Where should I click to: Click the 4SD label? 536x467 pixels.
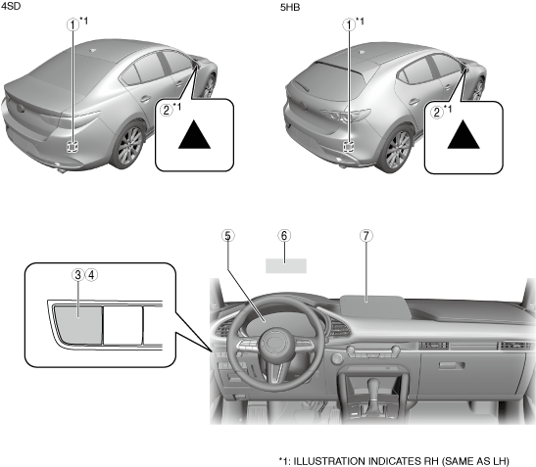point(11,6)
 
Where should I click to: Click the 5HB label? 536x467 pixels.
point(290,7)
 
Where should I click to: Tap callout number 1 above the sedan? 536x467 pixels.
point(73,24)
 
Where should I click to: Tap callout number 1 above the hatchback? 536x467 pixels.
point(349,24)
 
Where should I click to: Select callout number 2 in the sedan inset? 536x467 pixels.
point(167,110)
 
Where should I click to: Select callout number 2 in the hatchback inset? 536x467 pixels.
point(437,112)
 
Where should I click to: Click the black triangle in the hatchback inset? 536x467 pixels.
point(463,137)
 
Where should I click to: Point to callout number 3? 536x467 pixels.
point(78,275)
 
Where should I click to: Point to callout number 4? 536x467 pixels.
point(91,275)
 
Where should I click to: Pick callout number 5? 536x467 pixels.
point(228,236)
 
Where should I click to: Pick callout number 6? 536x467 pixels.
point(284,236)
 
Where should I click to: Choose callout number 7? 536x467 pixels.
point(366,236)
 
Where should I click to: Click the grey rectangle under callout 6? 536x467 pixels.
point(286,265)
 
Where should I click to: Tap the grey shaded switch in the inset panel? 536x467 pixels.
point(78,324)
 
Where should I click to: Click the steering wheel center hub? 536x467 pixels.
point(276,344)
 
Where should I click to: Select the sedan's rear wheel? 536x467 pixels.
point(130,146)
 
